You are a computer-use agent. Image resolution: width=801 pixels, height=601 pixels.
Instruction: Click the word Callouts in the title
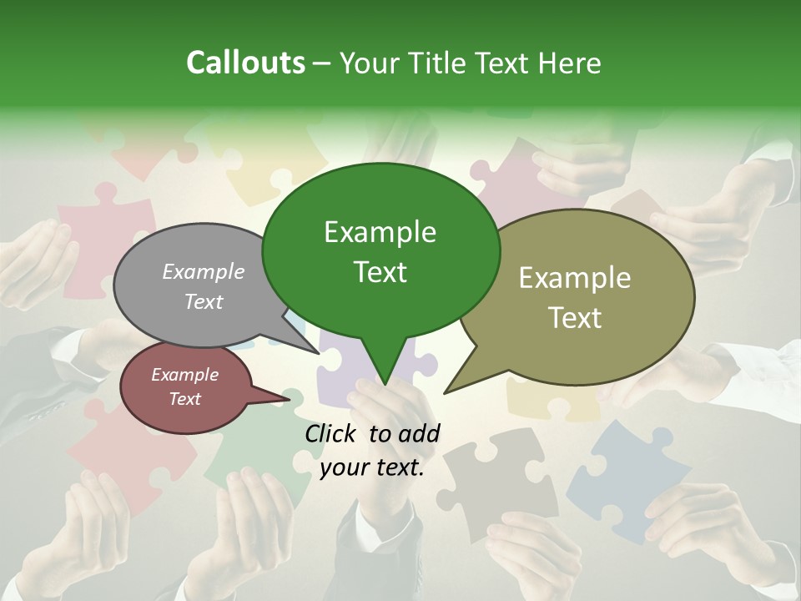pyautogui.click(x=245, y=63)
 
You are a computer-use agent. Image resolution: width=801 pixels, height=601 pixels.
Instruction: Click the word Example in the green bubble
pyautogui.click(x=380, y=232)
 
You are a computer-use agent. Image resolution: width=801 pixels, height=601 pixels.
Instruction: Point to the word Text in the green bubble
pyautogui.click(x=380, y=272)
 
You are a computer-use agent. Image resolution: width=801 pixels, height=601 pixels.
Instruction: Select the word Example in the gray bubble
pyautogui.click(x=203, y=271)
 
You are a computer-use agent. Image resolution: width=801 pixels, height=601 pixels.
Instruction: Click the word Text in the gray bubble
pyautogui.click(x=203, y=301)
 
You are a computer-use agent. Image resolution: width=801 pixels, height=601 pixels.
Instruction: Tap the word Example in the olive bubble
pyautogui.click(x=574, y=278)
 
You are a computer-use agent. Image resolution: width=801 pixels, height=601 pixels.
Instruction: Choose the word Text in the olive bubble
pyautogui.click(x=574, y=318)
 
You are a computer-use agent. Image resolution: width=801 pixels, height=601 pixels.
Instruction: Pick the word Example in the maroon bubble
pyautogui.click(x=184, y=375)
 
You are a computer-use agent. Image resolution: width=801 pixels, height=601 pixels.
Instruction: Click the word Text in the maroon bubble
pyautogui.click(x=184, y=399)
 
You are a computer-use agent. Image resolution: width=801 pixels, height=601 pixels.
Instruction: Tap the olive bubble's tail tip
pyautogui.click(x=445, y=392)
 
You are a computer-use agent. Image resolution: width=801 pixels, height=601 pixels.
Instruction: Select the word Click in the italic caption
pyautogui.click(x=331, y=433)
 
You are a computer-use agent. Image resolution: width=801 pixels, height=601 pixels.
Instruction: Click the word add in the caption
pyautogui.click(x=420, y=433)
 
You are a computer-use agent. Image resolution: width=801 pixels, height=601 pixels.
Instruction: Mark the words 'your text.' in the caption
pyautogui.click(x=371, y=467)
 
